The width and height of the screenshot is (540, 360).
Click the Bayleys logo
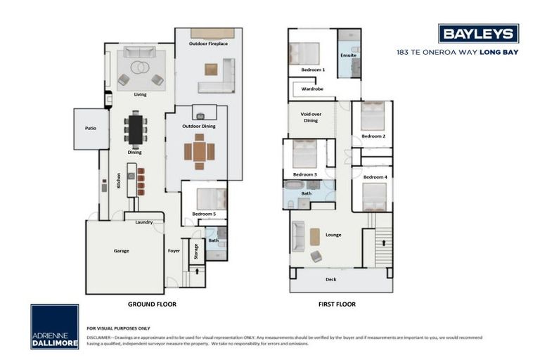(x=478, y=33)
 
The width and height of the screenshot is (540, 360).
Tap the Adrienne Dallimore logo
(x=54, y=327)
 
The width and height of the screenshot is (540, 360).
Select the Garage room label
(x=121, y=250)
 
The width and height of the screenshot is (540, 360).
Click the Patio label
(x=91, y=129)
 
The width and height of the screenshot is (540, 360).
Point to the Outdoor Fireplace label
(x=208, y=44)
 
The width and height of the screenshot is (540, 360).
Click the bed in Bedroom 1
(x=304, y=53)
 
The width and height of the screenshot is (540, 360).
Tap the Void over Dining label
(x=311, y=117)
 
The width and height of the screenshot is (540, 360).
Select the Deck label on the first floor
(x=330, y=279)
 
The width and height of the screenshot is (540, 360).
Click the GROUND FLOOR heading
(x=152, y=304)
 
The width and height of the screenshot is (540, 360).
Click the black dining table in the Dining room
(x=135, y=129)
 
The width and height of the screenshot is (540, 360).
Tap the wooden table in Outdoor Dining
(x=200, y=151)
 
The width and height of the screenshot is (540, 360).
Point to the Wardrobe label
(x=312, y=89)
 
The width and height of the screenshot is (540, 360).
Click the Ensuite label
(x=348, y=54)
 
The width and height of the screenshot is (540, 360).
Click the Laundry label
(x=143, y=222)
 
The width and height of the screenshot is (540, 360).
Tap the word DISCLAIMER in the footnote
(x=98, y=336)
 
